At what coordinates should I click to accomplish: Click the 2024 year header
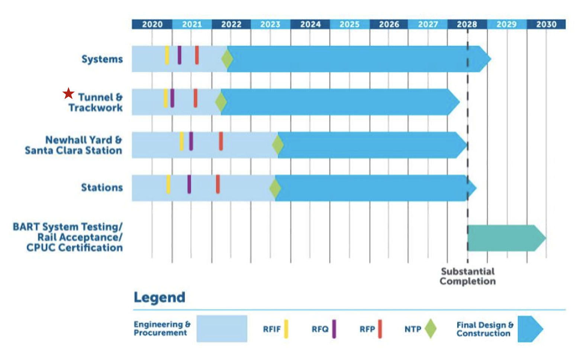click(310, 25)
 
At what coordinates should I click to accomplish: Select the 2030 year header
click(546, 25)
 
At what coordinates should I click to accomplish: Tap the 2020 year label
click(152, 25)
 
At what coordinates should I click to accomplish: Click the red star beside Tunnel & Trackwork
click(68, 93)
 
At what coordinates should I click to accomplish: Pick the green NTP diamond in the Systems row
click(227, 59)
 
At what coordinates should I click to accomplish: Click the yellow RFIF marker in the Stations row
click(168, 184)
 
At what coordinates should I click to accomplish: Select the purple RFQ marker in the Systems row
click(180, 55)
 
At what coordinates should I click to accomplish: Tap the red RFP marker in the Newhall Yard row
click(221, 141)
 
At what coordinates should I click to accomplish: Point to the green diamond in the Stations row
click(275, 188)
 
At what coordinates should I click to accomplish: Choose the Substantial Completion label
click(467, 276)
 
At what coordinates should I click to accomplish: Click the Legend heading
click(159, 298)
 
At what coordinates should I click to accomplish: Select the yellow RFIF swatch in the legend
click(286, 329)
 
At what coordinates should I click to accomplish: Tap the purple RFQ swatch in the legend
click(334, 329)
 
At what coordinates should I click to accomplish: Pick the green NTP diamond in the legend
click(430, 329)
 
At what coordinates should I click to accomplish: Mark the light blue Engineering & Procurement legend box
click(222, 329)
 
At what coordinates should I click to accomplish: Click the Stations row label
click(102, 187)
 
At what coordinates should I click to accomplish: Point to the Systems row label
click(102, 59)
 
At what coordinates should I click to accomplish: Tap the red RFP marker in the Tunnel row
click(196, 98)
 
